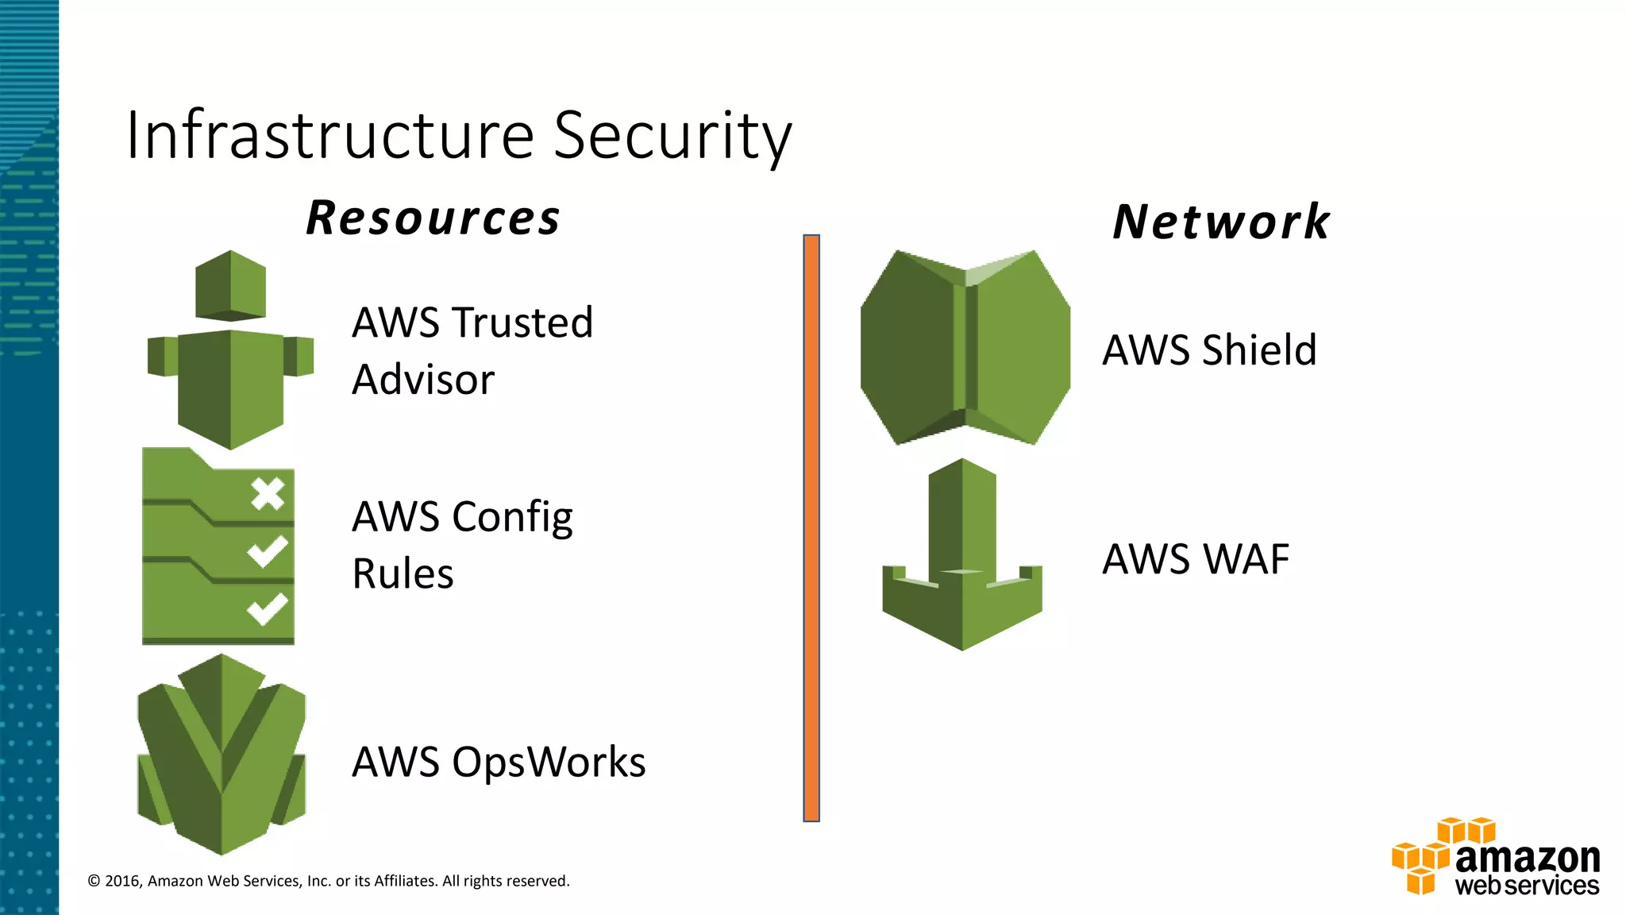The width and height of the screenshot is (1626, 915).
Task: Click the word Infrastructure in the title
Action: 330,135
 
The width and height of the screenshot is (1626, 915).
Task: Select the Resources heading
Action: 433,218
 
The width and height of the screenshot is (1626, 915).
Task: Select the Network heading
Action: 1221,222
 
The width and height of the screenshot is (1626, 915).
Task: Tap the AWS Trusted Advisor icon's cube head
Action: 230,285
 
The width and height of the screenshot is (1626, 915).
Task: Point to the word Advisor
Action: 423,380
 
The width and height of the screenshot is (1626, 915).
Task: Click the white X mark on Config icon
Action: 268,494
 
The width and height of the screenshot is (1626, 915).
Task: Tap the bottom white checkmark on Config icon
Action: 267,609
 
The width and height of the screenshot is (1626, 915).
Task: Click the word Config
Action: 512,518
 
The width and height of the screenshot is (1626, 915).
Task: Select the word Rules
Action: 403,574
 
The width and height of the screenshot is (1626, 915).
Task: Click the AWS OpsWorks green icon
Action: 222,755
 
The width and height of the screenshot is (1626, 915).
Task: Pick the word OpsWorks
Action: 549,762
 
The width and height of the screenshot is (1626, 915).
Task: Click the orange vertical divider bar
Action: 811,528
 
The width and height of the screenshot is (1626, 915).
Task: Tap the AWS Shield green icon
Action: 965,347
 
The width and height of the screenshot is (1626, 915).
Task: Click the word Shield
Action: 1259,350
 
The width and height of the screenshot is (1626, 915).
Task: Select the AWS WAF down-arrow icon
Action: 962,556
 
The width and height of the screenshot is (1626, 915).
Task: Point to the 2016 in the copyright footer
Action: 122,881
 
